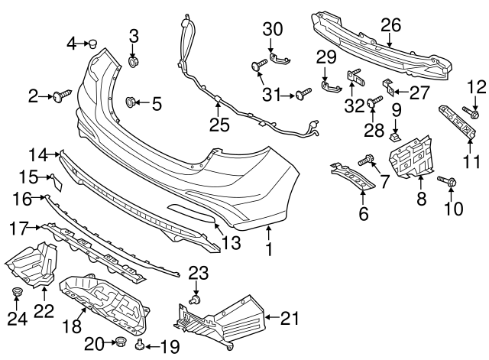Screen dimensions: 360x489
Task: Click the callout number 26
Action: click(391, 24)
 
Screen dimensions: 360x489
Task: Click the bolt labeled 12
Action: click(474, 115)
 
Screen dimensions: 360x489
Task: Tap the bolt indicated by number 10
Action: click(447, 183)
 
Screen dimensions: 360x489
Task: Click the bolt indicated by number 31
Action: click(306, 94)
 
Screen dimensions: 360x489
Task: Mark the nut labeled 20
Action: click(119, 343)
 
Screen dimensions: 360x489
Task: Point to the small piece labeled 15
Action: click(55, 181)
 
